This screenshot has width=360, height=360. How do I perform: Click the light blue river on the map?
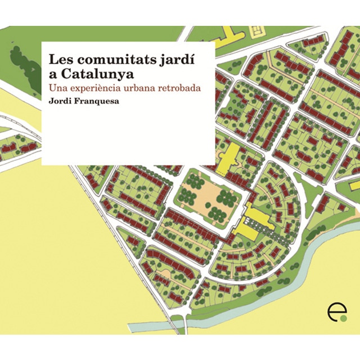click(292, 270)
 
